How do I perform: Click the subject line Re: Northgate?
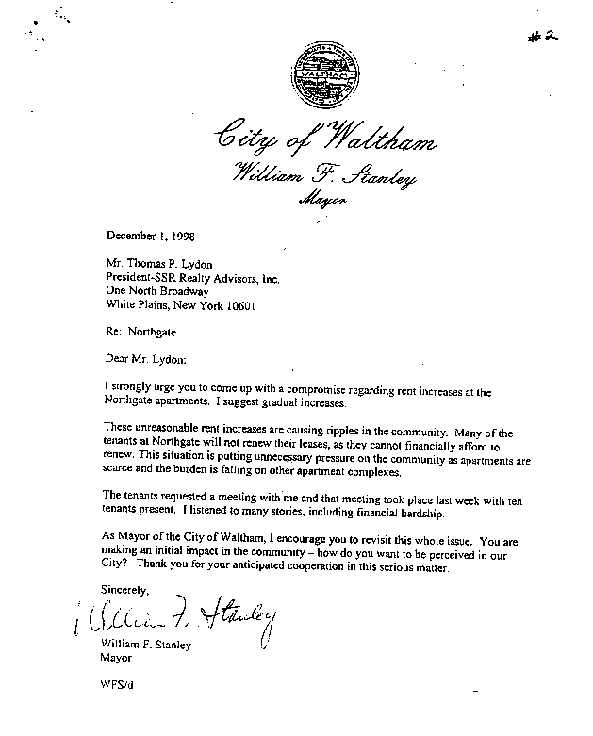pos(139,333)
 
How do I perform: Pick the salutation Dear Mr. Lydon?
pos(147,359)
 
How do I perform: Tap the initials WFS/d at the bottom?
pos(116,687)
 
